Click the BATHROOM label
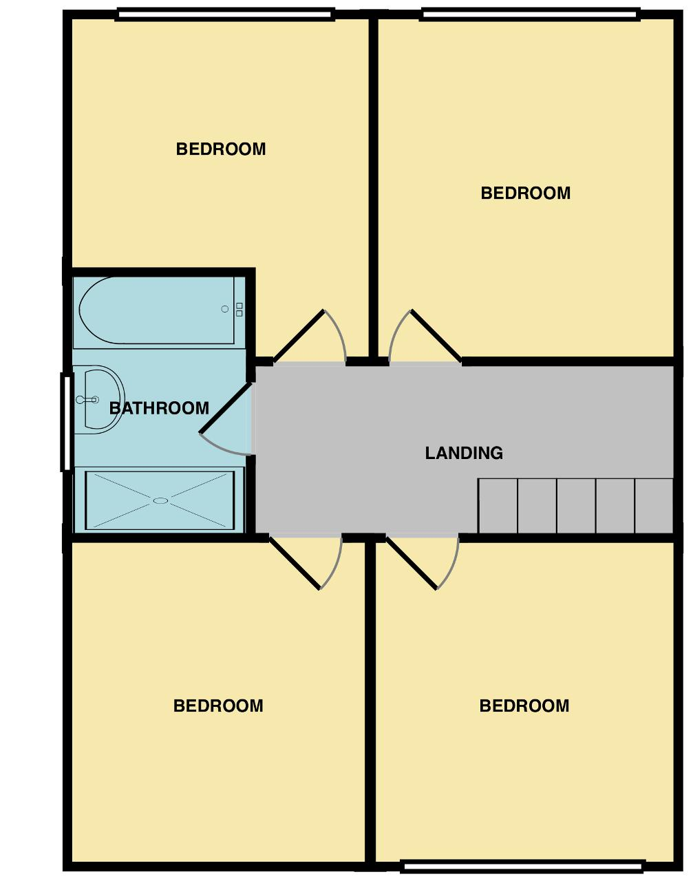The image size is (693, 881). click(x=159, y=408)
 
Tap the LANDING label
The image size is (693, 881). click(x=464, y=453)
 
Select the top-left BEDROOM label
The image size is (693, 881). click(x=221, y=149)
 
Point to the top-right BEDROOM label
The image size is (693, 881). click(x=526, y=193)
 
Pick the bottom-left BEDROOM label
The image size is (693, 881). click(x=218, y=705)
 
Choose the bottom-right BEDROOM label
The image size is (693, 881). click(x=524, y=705)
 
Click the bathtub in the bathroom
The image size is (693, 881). click(x=159, y=310)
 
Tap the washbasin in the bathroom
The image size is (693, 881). click(x=98, y=400)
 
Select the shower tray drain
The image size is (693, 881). click(x=160, y=500)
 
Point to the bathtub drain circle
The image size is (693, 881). click(x=225, y=309)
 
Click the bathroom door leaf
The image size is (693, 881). click(x=226, y=407)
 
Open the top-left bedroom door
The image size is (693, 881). click(x=299, y=337)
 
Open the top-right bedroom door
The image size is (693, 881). click(x=436, y=337)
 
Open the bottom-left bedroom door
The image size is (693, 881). click(x=295, y=563)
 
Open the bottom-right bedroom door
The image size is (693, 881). click(x=412, y=563)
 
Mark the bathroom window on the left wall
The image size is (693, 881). click(x=66, y=422)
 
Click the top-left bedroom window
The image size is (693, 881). click(x=225, y=14)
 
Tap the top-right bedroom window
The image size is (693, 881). click(x=530, y=14)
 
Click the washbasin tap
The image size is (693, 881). click(x=87, y=400)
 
